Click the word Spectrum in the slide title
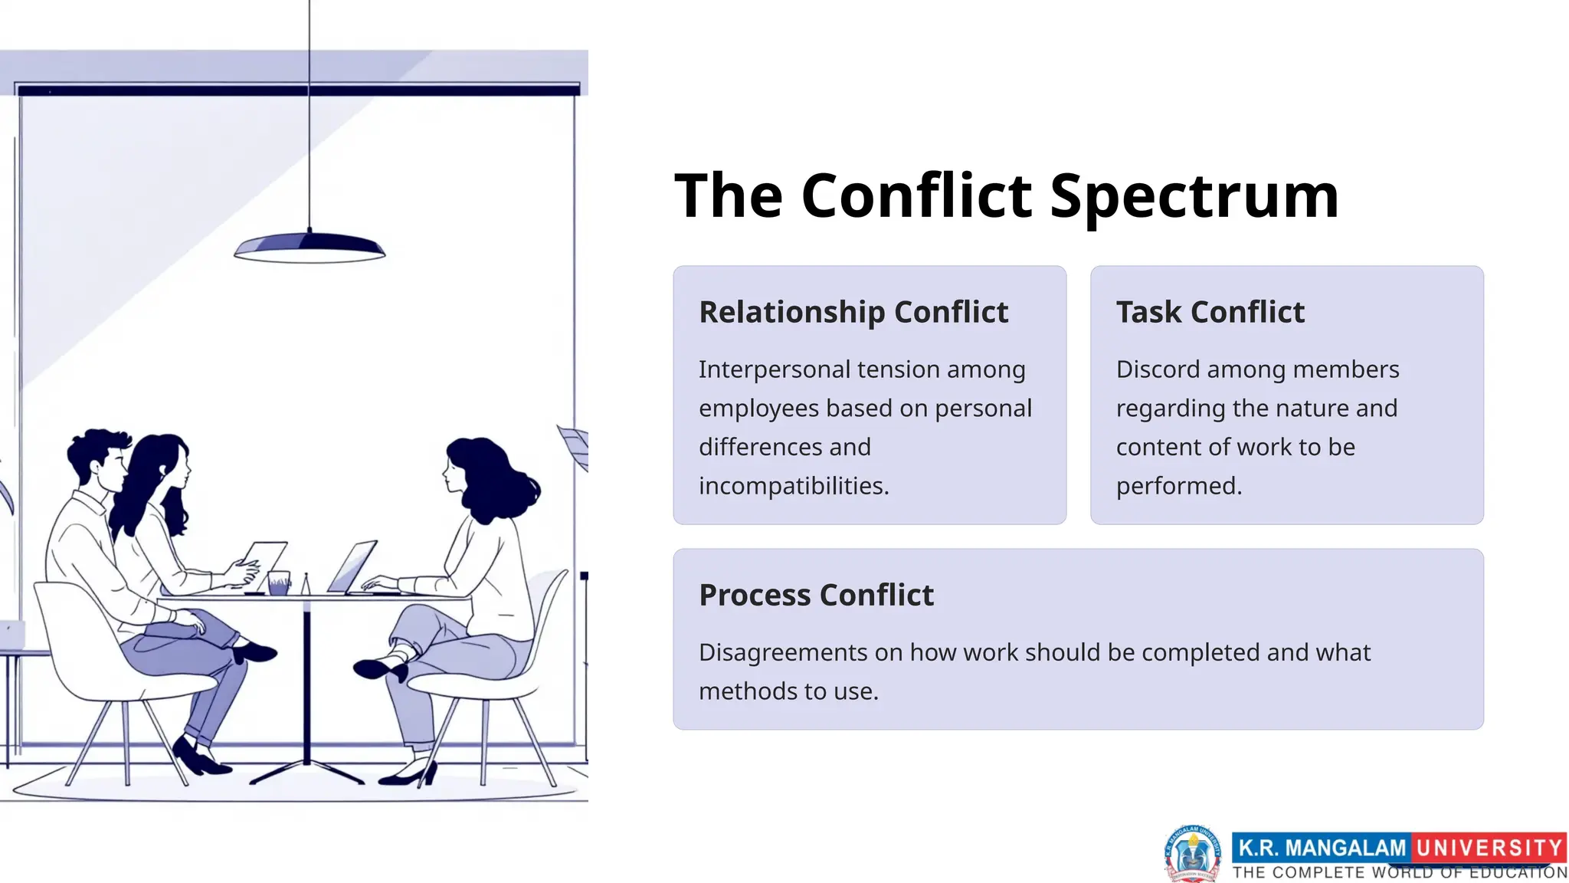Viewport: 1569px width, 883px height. pyautogui.click(x=1194, y=196)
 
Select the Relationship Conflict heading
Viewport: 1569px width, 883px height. pyautogui.click(x=853, y=312)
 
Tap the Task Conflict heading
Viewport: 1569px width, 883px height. pyautogui.click(x=1210, y=312)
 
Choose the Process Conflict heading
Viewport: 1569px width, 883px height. pyautogui.click(x=816, y=595)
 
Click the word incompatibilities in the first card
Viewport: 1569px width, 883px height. pyautogui.click(x=793, y=486)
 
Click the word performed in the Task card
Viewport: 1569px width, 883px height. pyautogui.click(x=1178, y=486)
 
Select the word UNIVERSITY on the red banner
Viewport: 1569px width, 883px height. pyautogui.click(x=1489, y=848)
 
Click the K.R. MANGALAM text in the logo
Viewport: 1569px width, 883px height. pyautogui.click(x=1322, y=848)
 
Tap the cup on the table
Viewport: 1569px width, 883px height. pyautogui.click(x=279, y=583)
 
